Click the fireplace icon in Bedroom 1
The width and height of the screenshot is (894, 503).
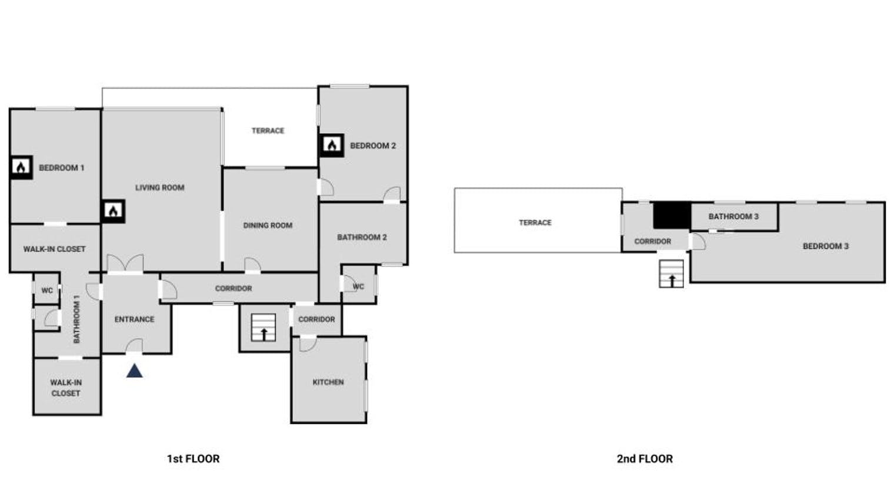coord(21,168)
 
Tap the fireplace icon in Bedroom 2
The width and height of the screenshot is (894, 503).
coord(332,145)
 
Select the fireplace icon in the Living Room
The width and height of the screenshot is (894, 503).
coord(113,211)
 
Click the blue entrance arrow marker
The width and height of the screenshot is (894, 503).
coord(135,371)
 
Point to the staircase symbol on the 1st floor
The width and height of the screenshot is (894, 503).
coord(263,328)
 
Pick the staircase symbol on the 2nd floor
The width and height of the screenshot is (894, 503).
coord(671,274)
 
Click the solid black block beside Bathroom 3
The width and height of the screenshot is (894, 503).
coord(672,215)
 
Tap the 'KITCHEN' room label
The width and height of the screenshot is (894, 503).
coord(328,382)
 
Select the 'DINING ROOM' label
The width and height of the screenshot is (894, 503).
coord(268,225)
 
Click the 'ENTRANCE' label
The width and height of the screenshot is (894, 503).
coord(134,319)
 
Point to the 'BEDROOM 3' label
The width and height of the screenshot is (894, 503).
coord(825,246)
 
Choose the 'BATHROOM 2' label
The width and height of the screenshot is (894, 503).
coord(362,238)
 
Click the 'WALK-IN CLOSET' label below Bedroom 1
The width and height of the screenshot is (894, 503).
coord(54,249)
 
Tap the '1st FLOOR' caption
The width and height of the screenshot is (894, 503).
coord(193,459)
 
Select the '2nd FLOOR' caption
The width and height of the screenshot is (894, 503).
coord(645,459)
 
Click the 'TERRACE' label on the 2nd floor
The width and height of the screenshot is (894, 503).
coord(535,223)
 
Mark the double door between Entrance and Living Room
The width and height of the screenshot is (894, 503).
coord(125,264)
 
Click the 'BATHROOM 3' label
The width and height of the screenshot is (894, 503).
coord(733,216)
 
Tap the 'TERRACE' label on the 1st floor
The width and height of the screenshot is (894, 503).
coord(268,131)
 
